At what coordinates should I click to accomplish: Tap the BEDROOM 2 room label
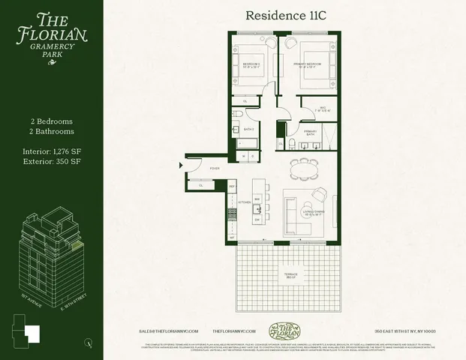pos(251,65)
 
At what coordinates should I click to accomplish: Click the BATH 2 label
pos(248,129)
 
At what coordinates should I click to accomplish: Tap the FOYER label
pos(214,169)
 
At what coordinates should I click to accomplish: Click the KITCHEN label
pos(245,202)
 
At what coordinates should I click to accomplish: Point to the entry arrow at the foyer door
pos(180,164)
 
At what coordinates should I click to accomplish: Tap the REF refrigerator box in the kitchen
pos(232,185)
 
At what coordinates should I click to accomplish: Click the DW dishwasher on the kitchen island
pos(257,220)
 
